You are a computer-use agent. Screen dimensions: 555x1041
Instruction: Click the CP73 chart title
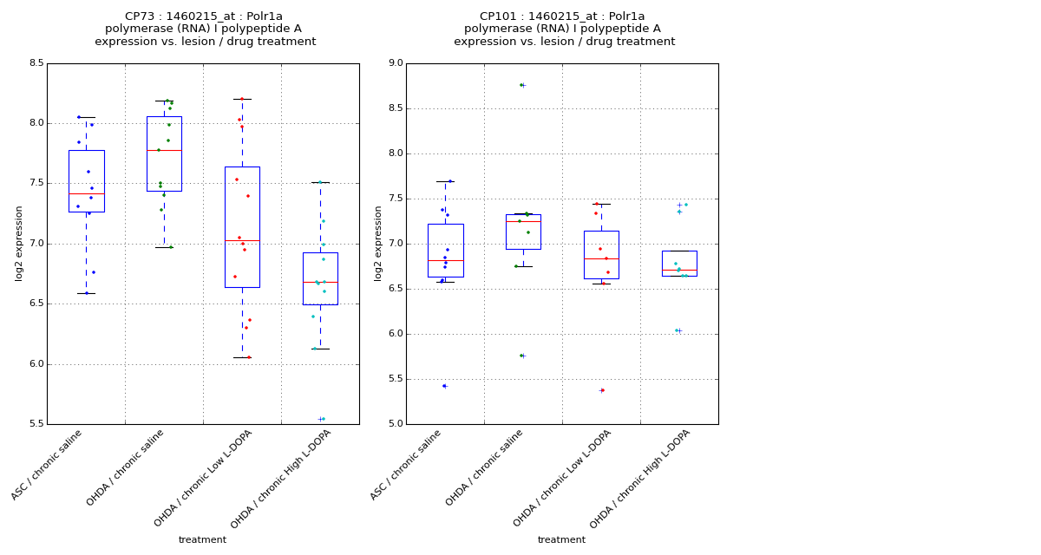pyautogui.click(x=205, y=29)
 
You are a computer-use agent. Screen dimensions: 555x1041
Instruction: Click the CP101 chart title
pyautogui.click(x=564, y=29)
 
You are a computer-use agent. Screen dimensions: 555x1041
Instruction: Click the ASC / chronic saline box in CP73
pyautogui.click(x=86, y=180)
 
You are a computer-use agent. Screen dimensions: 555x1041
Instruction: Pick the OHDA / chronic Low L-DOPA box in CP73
pyautogui.click(x=242, y=226)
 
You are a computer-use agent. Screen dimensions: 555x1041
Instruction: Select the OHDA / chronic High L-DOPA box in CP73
pyautogui.click(x=320, y=278)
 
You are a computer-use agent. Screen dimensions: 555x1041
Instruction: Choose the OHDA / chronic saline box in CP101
pyautogui.click(x=523, y=232)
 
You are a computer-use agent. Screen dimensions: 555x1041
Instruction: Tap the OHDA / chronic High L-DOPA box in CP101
pyautogui.click(x=679, y=263)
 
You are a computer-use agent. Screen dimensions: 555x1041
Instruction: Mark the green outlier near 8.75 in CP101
pyautogui.click(x=521, y=85)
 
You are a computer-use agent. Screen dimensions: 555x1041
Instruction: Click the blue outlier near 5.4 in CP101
pyautogui.click(x=444, y=386)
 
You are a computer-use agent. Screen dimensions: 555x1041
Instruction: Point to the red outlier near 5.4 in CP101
pyautogui.click(x=602, y=390)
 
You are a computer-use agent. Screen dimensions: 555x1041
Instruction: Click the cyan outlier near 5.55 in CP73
pyautogui.click(x=322, y=419)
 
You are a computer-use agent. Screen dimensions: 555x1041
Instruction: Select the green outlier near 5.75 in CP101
pyautogui.click(x=521, y=356)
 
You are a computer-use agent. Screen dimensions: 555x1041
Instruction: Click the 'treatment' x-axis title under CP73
pyautogui.click(x=202, y=540)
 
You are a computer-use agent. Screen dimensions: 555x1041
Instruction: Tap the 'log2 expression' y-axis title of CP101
pyautogui.click(x=379, y=243)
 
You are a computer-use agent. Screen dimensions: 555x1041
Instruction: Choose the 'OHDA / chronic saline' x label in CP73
pyautogui.click(x=127, y=468)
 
